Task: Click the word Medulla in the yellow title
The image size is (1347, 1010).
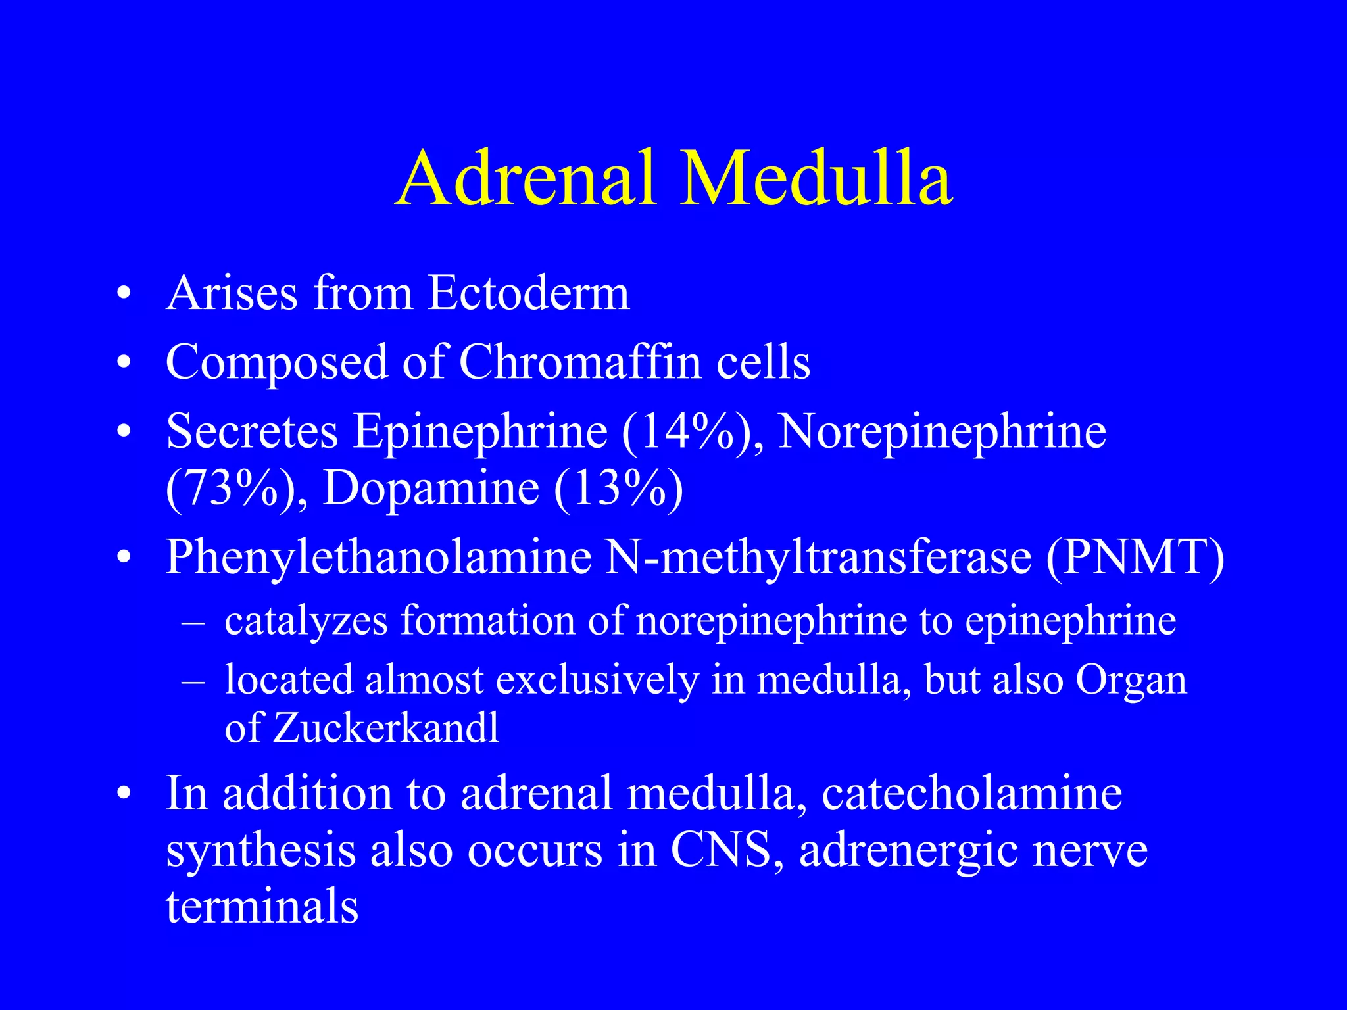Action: click(816, 178)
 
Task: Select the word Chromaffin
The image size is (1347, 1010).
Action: click(579, 362)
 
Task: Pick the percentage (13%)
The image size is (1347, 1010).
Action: click(618, 489)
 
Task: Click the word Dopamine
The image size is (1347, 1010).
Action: click(431, 489)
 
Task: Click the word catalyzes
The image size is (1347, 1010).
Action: click(306, 621)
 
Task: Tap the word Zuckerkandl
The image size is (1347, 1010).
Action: click(386, 729)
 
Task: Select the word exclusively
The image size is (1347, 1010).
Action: click(597, 679)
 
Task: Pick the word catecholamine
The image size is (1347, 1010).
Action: click(971, 793)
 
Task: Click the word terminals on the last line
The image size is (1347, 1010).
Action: click(262, 906)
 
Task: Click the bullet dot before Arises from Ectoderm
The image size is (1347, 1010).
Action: click(123, 293)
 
